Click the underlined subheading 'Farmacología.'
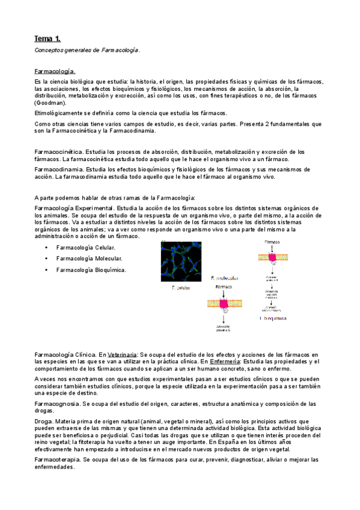tap(55, 70)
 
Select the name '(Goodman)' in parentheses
tap(50, 103)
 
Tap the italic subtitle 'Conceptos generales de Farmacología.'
tap(87, 51)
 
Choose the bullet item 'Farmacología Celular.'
tap(86, 247)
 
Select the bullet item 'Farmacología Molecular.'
tap(89, 258)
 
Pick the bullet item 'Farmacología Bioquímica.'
tap(91, 269)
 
